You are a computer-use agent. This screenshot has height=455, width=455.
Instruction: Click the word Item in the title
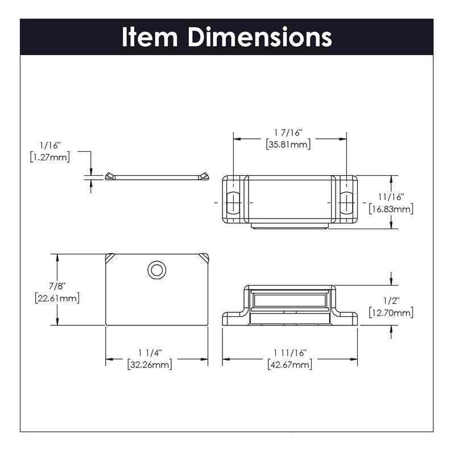pyautogui.click(x=150, y=37)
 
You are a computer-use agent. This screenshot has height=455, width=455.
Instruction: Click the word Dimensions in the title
pyautogui.click(x=260, y=37)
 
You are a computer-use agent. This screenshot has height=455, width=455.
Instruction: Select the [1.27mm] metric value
pyautogui.click(x=49, y=158)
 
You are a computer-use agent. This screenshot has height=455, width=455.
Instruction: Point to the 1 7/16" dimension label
pyautogui.click(x=289, y=133)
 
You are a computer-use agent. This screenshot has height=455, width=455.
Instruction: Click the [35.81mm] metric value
pyautogui.click(x=289, y=144)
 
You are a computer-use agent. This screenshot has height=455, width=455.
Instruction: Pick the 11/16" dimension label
pyautogui.click(x=391, y=197)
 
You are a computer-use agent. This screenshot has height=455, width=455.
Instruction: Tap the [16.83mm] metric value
pyautogui.click(x=391, y=209)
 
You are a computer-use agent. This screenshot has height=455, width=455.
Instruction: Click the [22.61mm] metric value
pyautogui.click(x=55, y=298)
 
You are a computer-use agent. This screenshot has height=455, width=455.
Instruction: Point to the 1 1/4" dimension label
pyautogui.click(x=150, y=353)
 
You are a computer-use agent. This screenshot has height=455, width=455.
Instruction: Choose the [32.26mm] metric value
pyautogui.click(x=150, y=365)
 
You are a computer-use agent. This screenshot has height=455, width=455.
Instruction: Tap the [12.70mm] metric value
pyautogui.click(x=391, y=313)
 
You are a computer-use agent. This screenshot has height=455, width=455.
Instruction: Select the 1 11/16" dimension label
pyautogui.click(x=289, y=353)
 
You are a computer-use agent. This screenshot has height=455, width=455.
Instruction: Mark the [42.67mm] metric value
pyautogui.click(x=289, y=365)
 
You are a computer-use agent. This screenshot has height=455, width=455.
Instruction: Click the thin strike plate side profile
pyautogui.click(x=156, y=177)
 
